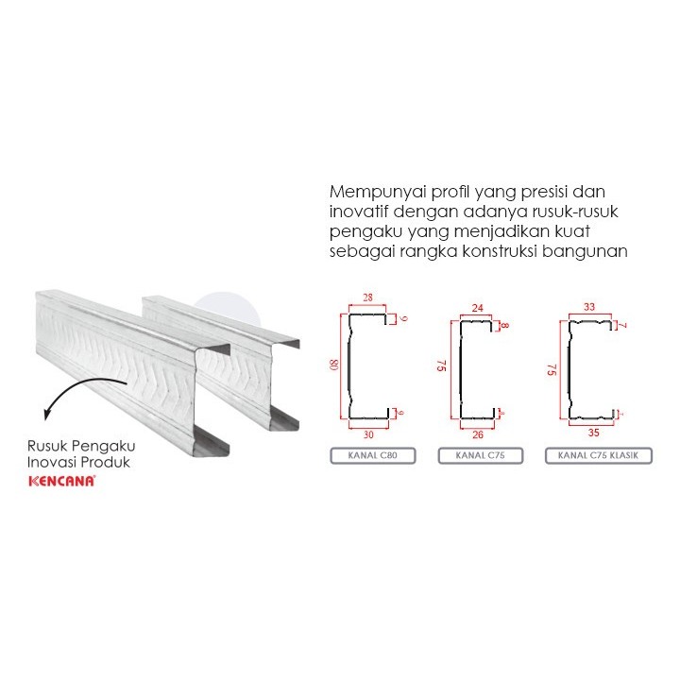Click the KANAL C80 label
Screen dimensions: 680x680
[368, 457]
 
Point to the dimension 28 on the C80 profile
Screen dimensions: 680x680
[367, 298]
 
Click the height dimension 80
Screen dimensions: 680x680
[333, 364]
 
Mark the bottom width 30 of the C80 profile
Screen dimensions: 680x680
[368, 435]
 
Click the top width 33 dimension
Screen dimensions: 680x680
[590, 307]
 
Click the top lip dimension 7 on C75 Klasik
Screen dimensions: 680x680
[623, 326]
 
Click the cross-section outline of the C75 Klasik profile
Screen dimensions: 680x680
[570, 368]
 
